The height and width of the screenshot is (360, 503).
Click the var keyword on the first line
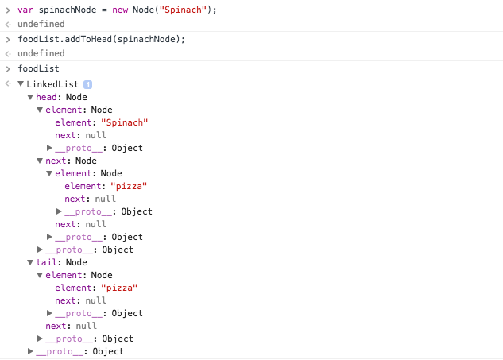tap(25, 10)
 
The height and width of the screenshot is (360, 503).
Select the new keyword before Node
tap(120, 10)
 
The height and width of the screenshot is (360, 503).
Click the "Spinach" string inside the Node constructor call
tap(183, 10)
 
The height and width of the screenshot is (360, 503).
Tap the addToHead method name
tap(88, 39)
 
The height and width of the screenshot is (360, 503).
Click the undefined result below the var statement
tap(41, 24)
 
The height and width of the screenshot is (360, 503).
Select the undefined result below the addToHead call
tap(41, 53)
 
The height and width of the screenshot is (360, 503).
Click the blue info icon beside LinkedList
tap(87, 84)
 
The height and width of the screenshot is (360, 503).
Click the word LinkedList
tap(52, 84)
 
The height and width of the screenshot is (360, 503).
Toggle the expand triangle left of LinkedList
tap(21, 84)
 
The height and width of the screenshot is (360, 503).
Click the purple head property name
tap(46, 97)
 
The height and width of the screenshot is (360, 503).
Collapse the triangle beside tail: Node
tap(30, 262)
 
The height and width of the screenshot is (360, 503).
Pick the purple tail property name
tap(46, 262)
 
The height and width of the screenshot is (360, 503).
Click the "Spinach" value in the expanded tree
tap(125, 122)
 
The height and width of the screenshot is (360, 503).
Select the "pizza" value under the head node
tap(129, 186)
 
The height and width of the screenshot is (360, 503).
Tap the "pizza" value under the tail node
tap(119, 288)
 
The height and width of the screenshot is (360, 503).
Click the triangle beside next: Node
tap(40, 161)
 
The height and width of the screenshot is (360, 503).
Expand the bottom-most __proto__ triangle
tap(30, 351)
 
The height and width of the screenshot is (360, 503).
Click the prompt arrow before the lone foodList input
tap(8, 68)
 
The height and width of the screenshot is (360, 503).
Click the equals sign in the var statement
tap(104, 10)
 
